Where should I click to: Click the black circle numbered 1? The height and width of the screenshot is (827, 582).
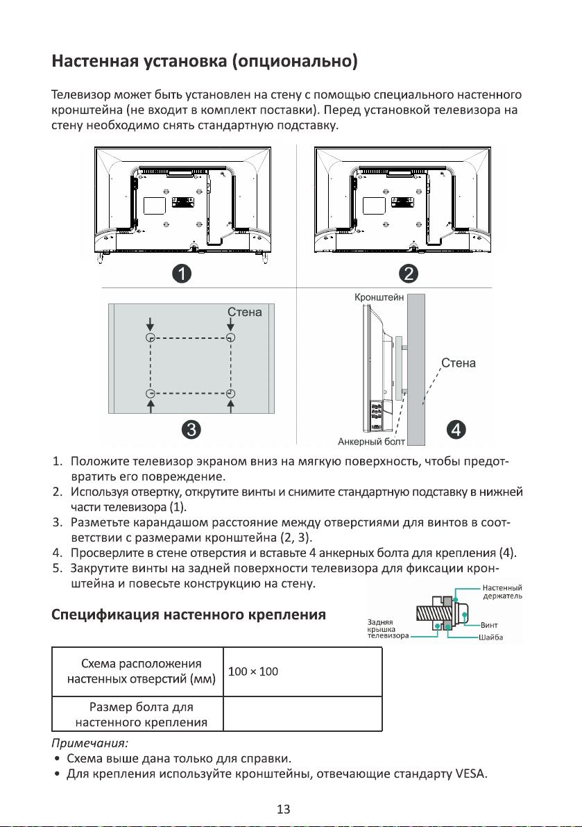[x=181, y=274]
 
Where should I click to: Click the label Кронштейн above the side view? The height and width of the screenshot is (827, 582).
[x=379, y=296]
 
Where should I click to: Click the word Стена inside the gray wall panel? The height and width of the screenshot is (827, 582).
[x=245, y=312]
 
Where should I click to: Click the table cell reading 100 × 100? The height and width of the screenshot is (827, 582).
[x=253, y=671]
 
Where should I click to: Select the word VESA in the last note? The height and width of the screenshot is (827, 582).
[x=472, y=774]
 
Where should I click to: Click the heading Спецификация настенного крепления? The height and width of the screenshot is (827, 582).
[x=189, y=615]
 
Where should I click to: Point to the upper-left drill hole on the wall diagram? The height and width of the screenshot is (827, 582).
[x=150, y=337]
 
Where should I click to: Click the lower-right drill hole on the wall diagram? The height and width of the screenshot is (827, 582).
[x=231, y=394]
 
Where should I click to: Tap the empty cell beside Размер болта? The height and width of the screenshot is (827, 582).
[x=303, y=713]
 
